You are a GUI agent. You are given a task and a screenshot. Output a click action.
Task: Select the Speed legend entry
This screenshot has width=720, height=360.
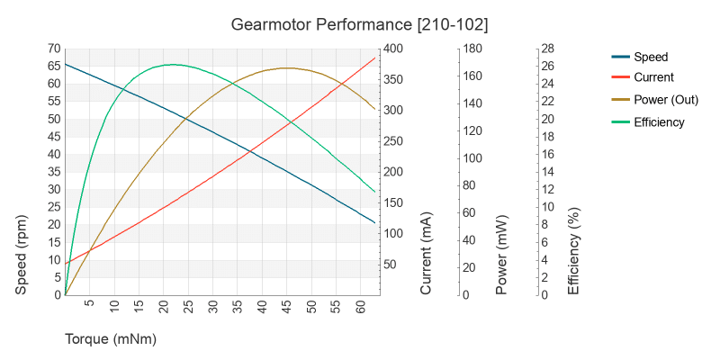[x=651, y=57]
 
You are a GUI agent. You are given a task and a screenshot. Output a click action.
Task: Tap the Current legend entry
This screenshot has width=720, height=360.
[x=653, y=78]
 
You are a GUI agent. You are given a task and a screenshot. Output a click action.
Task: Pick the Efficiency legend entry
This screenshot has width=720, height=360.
[x=659, y=122]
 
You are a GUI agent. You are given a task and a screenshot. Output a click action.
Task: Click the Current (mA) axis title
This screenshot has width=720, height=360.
[x=427, y=255]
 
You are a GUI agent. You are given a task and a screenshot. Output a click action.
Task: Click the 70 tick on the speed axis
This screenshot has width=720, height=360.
[x=54, y=49]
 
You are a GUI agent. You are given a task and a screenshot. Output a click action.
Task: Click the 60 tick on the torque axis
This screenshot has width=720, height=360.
[x=360, y=307]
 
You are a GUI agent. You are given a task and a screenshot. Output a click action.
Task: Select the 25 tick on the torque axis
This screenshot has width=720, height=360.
[x=188, y=307]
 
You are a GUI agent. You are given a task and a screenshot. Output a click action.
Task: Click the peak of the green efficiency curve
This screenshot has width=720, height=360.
[x=174, y=65]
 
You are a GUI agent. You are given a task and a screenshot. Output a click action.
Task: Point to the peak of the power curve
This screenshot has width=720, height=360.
[x=286, y=68]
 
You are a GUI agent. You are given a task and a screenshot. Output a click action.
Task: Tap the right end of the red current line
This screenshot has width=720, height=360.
[x=375, y=58]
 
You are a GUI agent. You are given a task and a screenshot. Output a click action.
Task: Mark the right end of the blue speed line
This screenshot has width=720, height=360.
[x=375, y=222]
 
